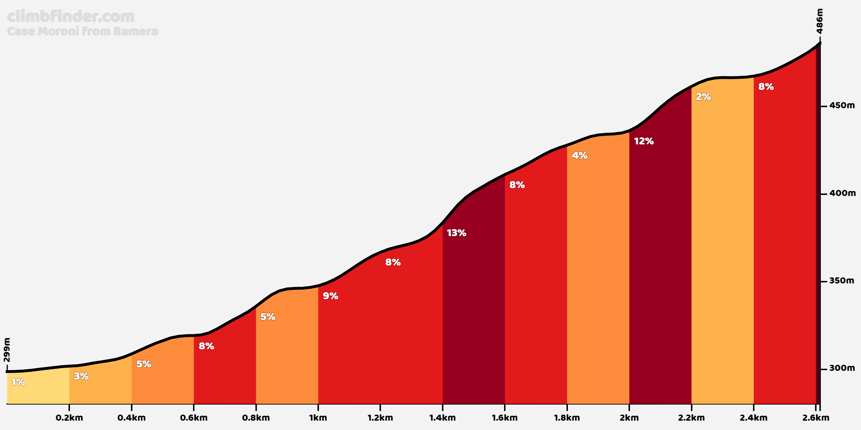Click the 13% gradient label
pos(456,233)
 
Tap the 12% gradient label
pos(644,141)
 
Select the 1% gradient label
pos(18,382)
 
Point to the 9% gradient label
pos(330,296)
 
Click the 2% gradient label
pos(703,97)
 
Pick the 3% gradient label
pos(81,376)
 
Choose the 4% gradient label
pos(579,156)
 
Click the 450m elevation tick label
pos(842,106)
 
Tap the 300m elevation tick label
pos(842,368)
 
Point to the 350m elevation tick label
pos(842,281)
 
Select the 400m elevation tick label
pos(842,193)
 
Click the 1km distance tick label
pos(318,418)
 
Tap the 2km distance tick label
pos(629,418)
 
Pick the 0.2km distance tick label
pos(69,418)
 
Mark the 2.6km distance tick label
pos(815,418)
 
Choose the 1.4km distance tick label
pos(442,418)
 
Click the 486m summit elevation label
pos(819,21)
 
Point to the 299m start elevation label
pos(7,350)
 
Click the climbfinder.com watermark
pos(71,16)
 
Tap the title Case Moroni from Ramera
pos(83,32)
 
